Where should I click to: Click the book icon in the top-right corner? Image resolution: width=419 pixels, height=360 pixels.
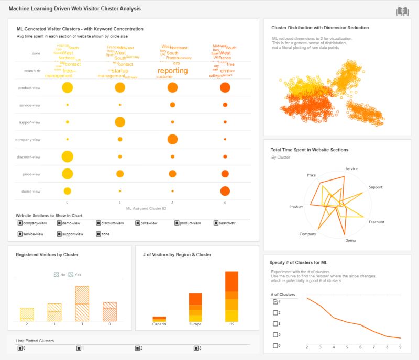point(402,11)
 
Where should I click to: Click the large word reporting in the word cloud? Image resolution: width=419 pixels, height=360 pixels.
point(172,71)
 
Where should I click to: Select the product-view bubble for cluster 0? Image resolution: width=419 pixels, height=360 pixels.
point(67,88)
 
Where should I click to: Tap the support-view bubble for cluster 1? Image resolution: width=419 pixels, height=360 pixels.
point(120,122)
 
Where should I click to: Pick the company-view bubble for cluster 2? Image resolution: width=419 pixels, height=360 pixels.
point(172,139)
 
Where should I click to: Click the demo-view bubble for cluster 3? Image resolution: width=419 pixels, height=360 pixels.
point(225,191)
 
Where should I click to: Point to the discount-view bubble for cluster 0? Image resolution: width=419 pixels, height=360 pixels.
point(67,156)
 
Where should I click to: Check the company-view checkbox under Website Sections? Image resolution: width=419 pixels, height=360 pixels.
point(20,223)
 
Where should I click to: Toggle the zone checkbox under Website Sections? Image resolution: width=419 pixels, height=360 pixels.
point(98,234)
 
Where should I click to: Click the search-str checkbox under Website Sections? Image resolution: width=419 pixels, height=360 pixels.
point(216,223)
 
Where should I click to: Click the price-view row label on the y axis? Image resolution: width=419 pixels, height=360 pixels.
point(31,174)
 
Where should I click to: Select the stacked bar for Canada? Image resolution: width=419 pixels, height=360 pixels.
point(159,319)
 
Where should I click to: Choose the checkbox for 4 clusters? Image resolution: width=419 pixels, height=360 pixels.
point(275,302)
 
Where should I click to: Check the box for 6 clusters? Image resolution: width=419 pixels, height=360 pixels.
point(275,346)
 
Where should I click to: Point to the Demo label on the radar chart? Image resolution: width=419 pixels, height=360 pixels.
point(350,240)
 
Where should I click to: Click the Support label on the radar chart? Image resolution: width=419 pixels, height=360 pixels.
point(375,187)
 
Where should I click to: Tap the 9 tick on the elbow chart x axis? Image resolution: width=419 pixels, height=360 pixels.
point(400,347)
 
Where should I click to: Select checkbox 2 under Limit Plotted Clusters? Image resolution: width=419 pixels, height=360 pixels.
point(137,348)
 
